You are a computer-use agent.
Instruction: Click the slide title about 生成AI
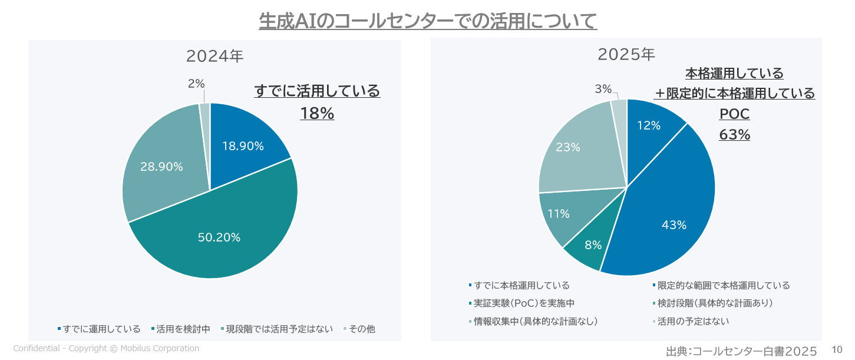click(428, 21)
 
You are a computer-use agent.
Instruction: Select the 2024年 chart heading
click(214, 56)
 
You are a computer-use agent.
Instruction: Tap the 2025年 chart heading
click(626, 55)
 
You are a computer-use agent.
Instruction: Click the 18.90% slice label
click(243, 146)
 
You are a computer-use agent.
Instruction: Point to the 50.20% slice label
click(219, 237)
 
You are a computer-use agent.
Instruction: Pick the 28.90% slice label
click(161, 167)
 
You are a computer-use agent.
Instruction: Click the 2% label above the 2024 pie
click(196, 84)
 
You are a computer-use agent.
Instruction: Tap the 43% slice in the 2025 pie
click(674, 225)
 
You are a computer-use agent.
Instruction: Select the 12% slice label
click(648, 125)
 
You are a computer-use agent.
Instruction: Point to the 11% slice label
click(558, 214)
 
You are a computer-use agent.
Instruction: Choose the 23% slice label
click(568, 147)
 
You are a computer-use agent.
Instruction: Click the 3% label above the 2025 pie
click(603, 89)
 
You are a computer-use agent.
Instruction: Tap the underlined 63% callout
click(734, 135)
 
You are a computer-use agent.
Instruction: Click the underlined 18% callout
click(317, 113)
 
